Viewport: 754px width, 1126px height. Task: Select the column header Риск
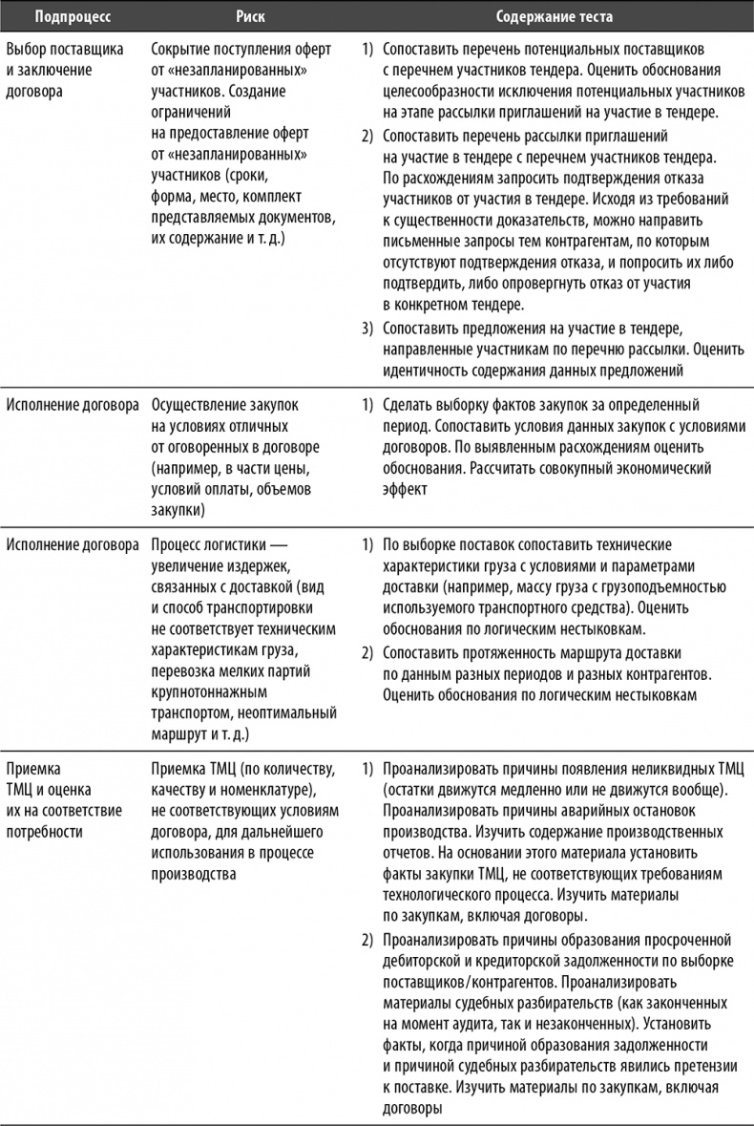250,17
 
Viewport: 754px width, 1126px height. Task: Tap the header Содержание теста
554,17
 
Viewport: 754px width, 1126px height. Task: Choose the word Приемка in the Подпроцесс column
32,770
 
